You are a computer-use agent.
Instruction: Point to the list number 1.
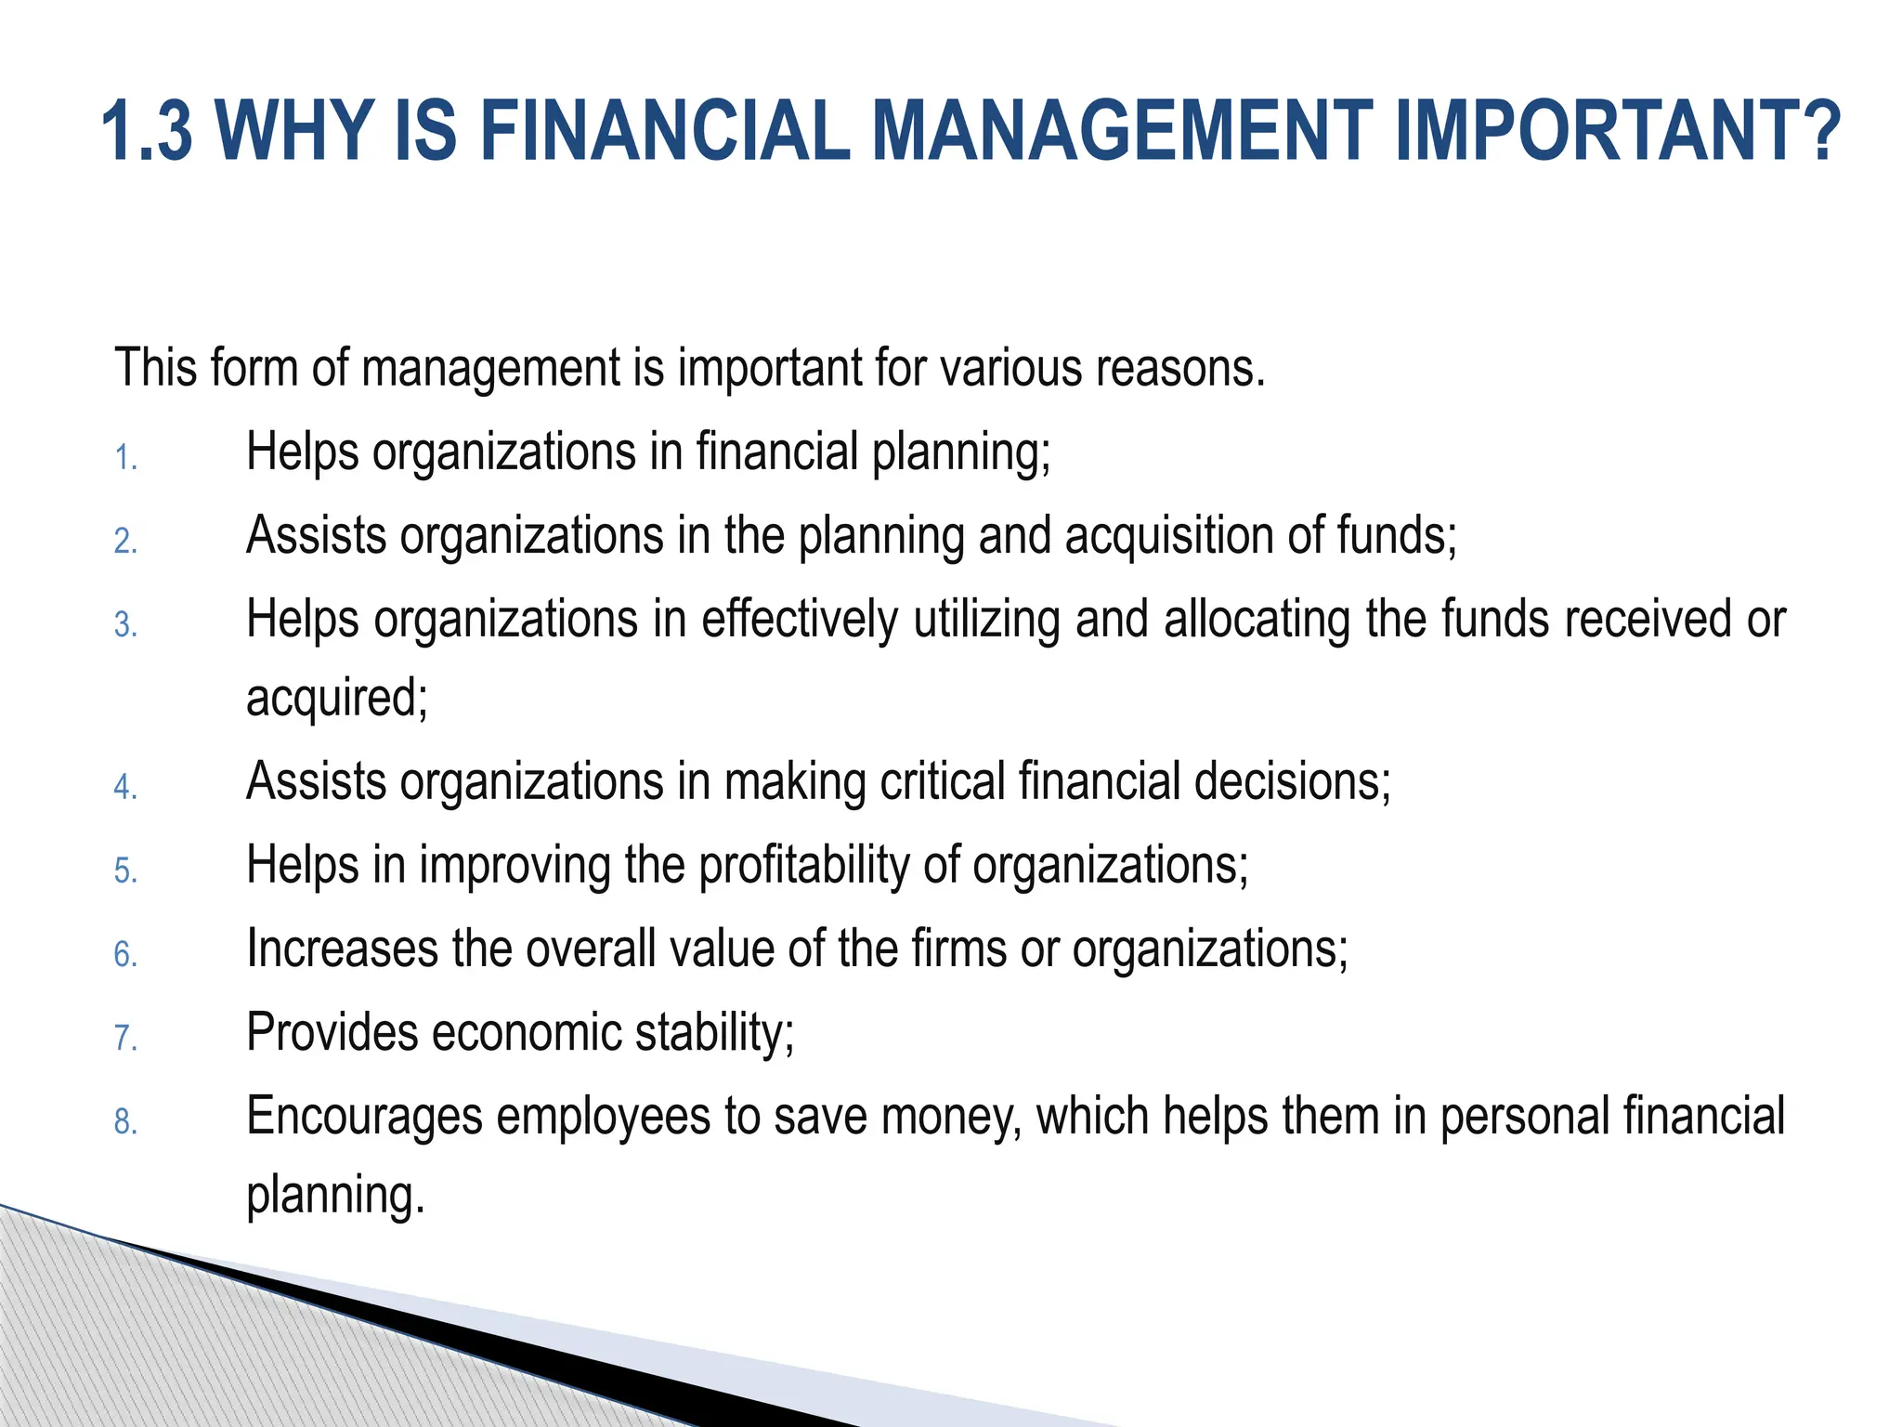coord(125,459)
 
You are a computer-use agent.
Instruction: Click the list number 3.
coord(125,625)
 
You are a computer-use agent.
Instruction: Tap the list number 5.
coord(125,871)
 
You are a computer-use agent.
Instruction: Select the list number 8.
coord(125,1123)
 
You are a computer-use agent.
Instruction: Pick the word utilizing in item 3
coord(986,620)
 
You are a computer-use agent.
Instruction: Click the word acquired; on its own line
coord(337,699)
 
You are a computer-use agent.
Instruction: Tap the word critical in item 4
coord(943,781)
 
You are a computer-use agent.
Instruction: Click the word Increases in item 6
coord(342,949)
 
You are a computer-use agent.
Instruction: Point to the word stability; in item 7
coord(714,1032)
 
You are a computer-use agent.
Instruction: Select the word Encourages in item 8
coord(364,1117)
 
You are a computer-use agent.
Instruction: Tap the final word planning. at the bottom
coord(335,1196)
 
